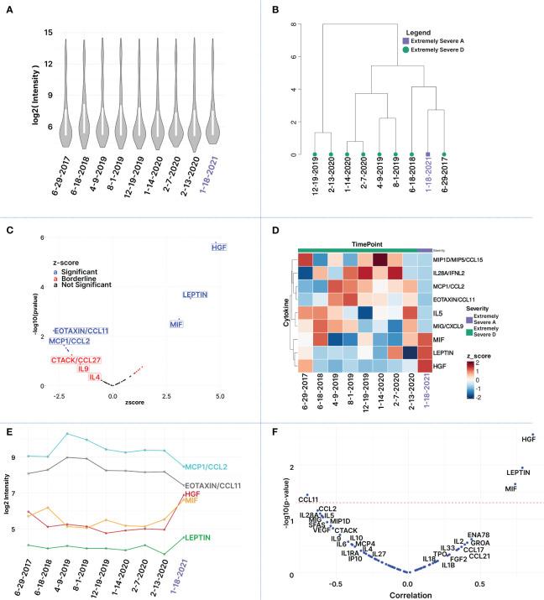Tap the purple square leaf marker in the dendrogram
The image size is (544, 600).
tap(428, 154)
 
